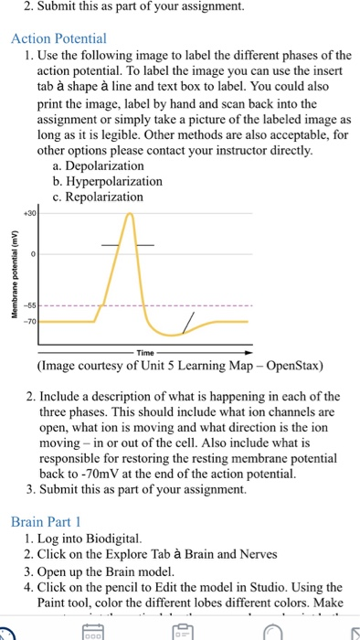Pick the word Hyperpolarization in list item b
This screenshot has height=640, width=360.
(x=113, y=181)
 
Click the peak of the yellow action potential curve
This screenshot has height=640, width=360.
(x=131, y=214)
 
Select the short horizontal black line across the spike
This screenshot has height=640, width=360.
(x=128, y=245)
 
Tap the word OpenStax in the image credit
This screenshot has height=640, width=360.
(x=290, y=368)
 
